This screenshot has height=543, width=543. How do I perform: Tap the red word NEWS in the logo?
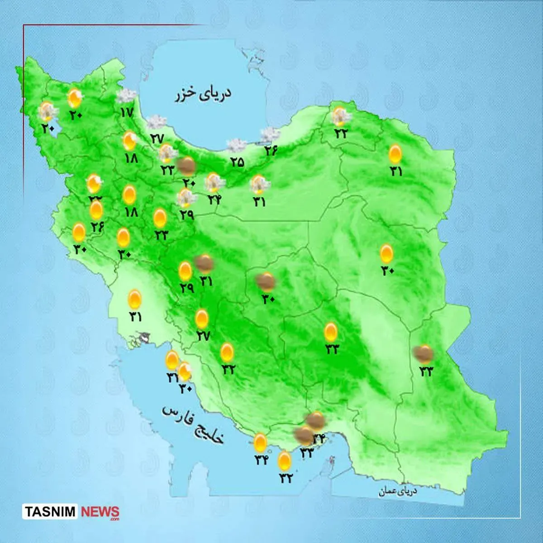point(100,512)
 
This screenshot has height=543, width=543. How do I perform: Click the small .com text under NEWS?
point(114,519)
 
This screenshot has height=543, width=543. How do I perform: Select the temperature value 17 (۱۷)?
point(127,111)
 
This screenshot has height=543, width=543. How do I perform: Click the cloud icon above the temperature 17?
point(126,96)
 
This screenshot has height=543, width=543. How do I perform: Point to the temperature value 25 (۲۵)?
point(237,162)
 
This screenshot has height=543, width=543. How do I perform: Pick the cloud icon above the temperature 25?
point(236,146)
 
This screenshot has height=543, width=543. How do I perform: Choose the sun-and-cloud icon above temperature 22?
point(341,116)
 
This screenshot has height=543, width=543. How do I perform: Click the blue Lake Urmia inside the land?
point(50,131)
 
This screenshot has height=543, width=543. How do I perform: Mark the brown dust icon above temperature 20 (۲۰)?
point(186,167)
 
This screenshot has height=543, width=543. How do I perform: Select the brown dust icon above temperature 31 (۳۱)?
point(205,262)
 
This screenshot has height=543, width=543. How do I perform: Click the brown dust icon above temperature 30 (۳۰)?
point(266,281)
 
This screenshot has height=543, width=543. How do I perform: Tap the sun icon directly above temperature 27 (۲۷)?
point(202,319)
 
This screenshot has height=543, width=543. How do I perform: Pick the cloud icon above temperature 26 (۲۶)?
point(270,135)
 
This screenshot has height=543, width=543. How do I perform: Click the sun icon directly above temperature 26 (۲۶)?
point(96,210)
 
